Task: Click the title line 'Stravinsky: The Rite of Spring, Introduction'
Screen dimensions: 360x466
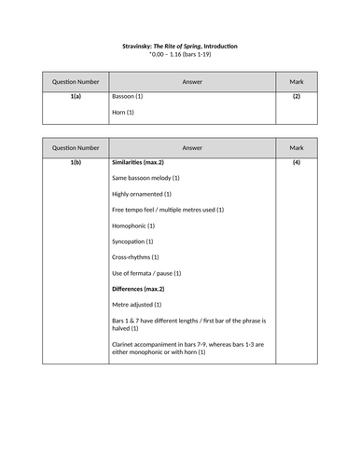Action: (x=180, y=46)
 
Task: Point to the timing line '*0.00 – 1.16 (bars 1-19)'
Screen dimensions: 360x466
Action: (x=180, y=55)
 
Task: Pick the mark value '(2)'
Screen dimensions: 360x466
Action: (x=296, y=96)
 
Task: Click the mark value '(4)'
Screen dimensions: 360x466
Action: (x=296, y=163)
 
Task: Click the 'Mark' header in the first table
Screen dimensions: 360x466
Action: (x=296, y=81)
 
